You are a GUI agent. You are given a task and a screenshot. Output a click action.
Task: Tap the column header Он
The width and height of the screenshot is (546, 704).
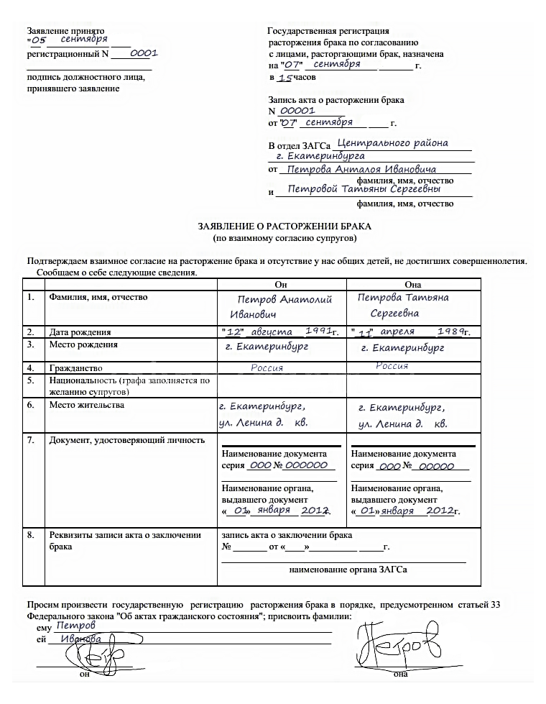click(x=281, y=284)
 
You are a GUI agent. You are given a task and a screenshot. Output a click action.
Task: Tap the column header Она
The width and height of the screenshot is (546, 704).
click(x=413, y=284)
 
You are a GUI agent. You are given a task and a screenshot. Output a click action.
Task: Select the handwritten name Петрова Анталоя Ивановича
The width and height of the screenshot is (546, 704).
click(x=361, y=170)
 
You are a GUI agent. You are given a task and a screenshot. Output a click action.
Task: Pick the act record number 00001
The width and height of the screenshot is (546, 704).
click(x=297, y=111)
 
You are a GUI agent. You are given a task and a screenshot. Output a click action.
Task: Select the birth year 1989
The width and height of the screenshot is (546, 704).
click(x=448, y=331)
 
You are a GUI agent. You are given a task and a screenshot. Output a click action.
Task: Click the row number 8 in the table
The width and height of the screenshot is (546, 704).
click(x=31, y=535)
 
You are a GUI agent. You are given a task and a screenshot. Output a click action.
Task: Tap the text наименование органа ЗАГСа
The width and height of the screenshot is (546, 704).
click(x=348, y=570)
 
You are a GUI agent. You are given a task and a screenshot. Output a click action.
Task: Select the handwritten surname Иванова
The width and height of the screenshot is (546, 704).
click(x=80, y=639)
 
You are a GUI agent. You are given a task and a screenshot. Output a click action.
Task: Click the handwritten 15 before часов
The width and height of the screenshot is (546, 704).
click(x=285, y=78)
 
